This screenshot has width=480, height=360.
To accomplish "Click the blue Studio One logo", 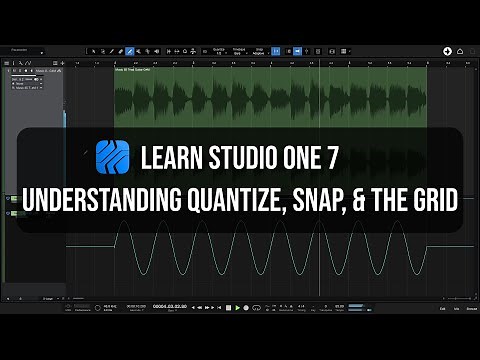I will (113, 158).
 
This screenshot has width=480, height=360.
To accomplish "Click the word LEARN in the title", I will (175, 158).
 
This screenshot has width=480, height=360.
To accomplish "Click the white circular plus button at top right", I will (447, 50).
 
